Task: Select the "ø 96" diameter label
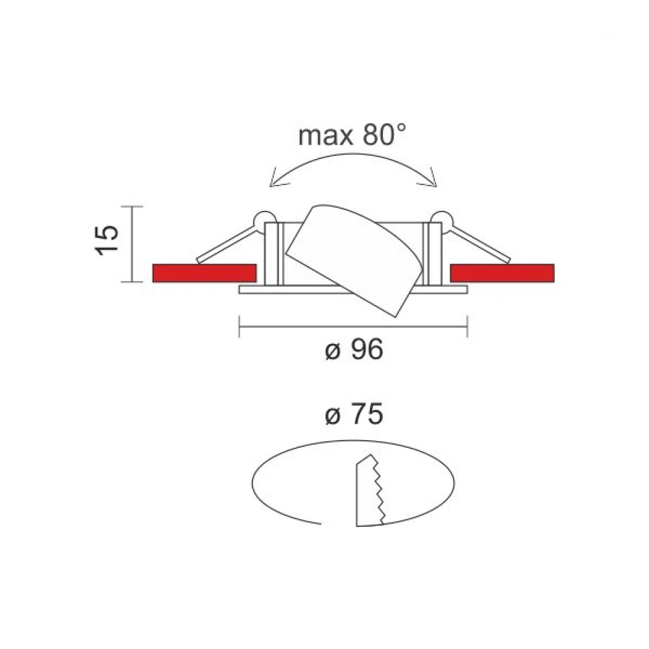353,350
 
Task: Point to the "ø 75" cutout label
353,415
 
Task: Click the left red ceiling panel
204,273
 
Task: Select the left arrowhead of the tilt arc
273,181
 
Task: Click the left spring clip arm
224,245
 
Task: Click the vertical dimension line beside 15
133,244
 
